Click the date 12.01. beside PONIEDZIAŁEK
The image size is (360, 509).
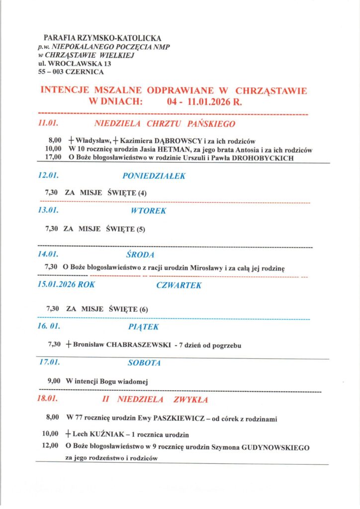pyautogui.click(x=49, y=175)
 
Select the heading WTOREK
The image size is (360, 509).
pyautogui.click(x=148, y=210)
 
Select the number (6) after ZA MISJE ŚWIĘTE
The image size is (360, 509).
pyautogui.click(x=143, y=309)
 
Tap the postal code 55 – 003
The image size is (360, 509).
pyautogui.click(x=54, y=72)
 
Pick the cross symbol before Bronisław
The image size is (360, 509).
pyautogui.click(x=68, y=344)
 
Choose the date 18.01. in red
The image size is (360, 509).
pyautogui.click(x=48, y=399)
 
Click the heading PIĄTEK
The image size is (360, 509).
pyautogui.click(x=143, y=327)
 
